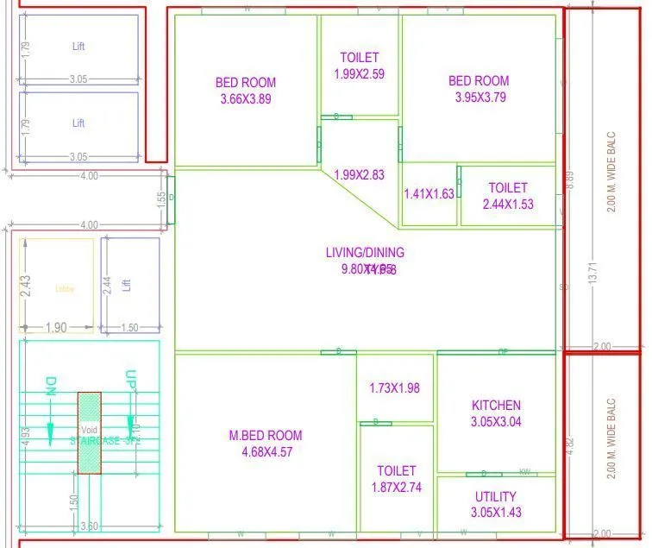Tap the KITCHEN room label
[496, 405]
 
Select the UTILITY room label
[496, 496]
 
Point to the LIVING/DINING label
[365, 253]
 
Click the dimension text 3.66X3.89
[246, 99]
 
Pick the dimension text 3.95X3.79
[480, 98]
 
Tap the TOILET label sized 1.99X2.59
[360, 58]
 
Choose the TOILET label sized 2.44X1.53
[508, 187]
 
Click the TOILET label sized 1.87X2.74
[396, 471]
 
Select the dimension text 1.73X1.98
[394, 388]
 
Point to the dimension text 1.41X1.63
[429, 194]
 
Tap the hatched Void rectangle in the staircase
[90, 433]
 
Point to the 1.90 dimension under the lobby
[55, 328]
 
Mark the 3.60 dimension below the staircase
[90, 526]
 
